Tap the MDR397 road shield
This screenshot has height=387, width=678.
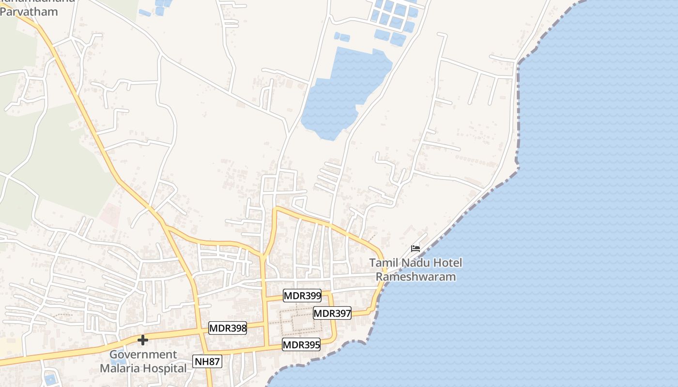[332, 313]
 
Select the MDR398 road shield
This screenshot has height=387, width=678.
[228, 328]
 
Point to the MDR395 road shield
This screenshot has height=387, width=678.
[301, 344]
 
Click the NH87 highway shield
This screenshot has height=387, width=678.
[207, 361]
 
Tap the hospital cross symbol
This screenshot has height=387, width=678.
[142, 341]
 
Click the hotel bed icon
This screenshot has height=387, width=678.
[416, 249]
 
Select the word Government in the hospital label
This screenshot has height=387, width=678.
[143, 355]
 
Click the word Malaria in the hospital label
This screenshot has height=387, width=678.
[120, 368]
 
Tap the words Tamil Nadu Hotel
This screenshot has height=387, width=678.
[416, 263]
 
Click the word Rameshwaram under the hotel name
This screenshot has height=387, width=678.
[416, 277]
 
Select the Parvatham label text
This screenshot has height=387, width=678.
[29, 12]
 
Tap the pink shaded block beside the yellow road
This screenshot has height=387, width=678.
[110, 215]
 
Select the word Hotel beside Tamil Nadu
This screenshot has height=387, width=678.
[448, 263]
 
